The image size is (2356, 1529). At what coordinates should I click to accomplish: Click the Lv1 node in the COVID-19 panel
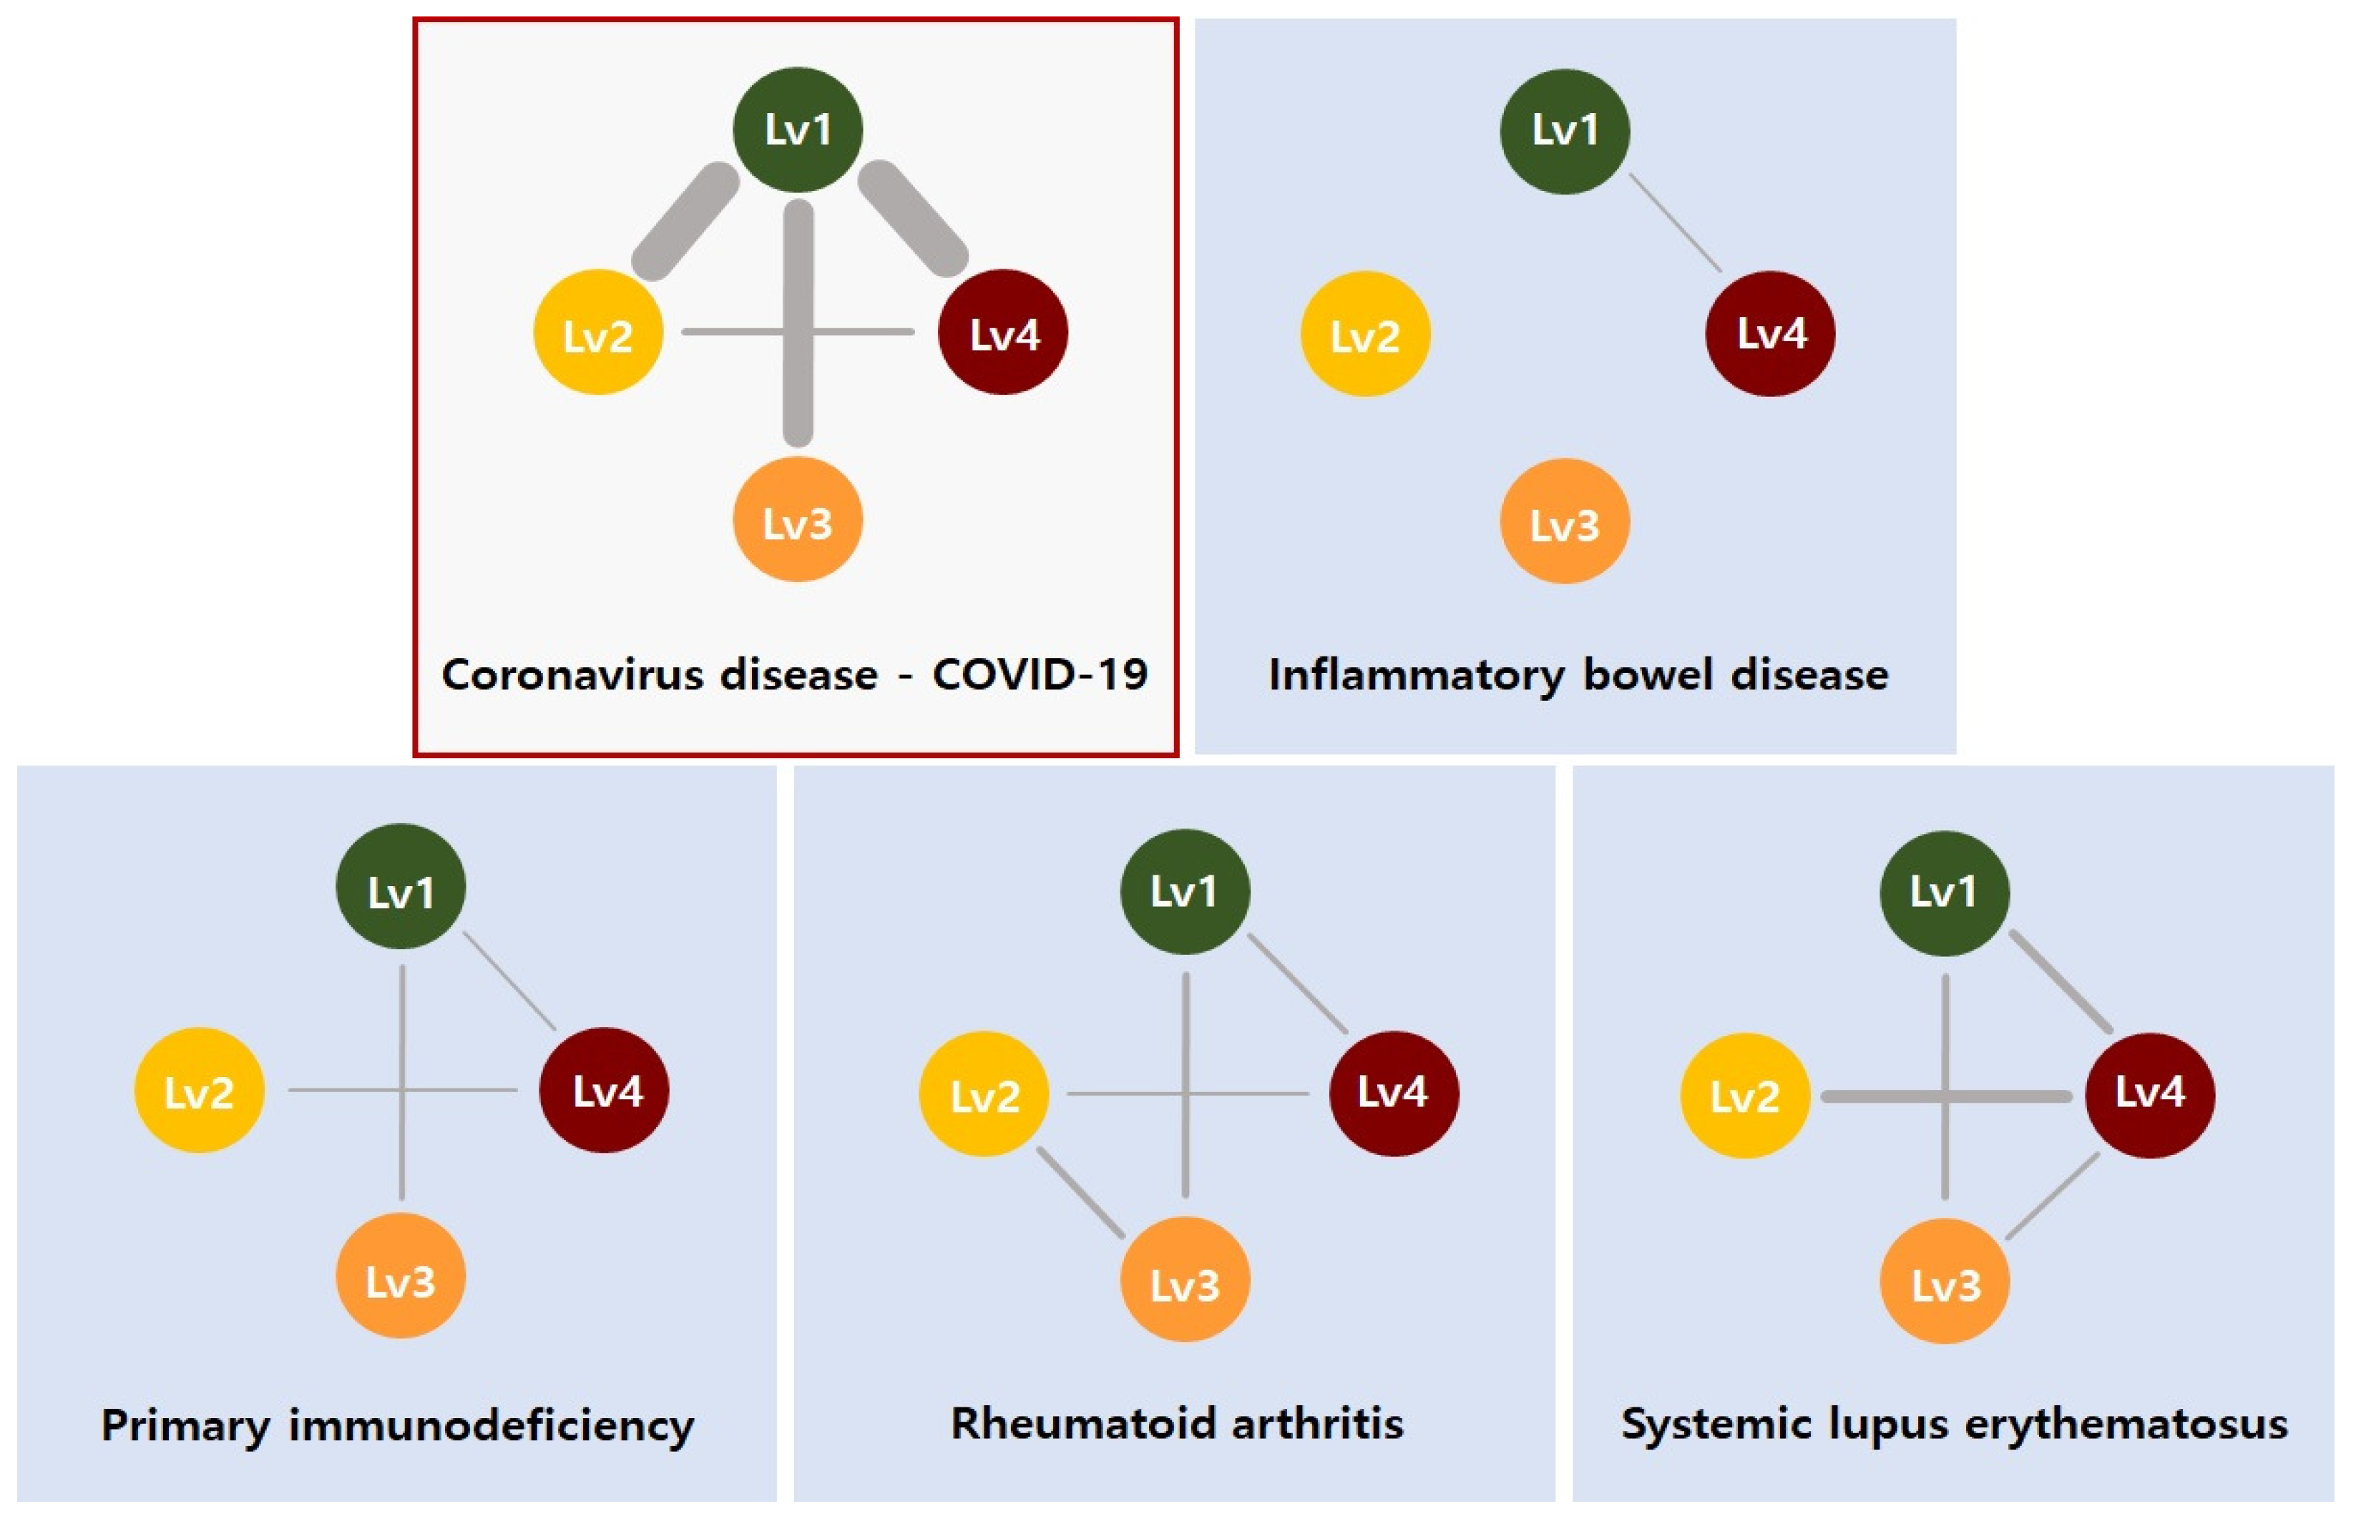(797, 129)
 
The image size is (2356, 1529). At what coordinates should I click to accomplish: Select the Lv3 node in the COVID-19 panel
(797, 521)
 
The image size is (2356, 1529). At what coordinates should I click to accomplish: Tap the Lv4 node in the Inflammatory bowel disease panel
(1770, 333)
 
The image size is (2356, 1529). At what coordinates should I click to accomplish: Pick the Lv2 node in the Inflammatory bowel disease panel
(1365, 335)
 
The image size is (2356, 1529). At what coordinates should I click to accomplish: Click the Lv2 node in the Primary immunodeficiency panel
(199, 1091)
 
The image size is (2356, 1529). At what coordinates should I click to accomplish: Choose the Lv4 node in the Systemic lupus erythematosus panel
(2150, 1093)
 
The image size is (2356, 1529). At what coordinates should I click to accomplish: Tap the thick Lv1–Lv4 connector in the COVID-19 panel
(911, 219)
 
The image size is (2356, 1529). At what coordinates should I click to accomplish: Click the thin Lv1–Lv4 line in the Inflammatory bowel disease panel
(1675, 222)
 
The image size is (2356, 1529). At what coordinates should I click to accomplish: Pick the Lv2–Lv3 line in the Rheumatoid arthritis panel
(1081, 1193)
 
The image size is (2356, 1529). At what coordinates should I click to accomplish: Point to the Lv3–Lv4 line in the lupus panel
(2052, 1196)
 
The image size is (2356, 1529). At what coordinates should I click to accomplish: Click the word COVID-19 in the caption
(1040, 675)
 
